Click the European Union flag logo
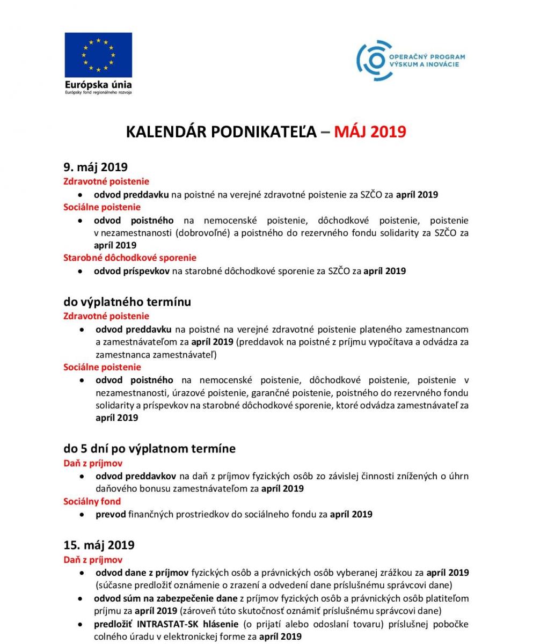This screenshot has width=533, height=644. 98,55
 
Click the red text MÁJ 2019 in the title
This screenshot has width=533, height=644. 370,132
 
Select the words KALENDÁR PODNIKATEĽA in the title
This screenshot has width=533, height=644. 221,132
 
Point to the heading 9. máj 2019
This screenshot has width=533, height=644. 96,167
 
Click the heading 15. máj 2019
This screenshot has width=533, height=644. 99,545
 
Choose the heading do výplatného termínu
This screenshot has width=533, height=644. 127,302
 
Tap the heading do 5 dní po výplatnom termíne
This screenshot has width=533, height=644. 149,448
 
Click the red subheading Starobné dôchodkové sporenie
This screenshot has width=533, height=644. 130,258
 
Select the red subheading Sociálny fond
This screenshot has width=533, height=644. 92,501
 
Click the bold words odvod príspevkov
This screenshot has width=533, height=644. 132,271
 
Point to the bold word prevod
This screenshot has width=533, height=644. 111,514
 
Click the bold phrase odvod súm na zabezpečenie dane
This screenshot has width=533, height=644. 165,598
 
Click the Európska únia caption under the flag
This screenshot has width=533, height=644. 98,84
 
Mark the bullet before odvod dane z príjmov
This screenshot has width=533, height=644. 82,573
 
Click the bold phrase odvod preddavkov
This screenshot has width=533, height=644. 136,476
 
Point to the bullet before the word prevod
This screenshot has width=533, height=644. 82,514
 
